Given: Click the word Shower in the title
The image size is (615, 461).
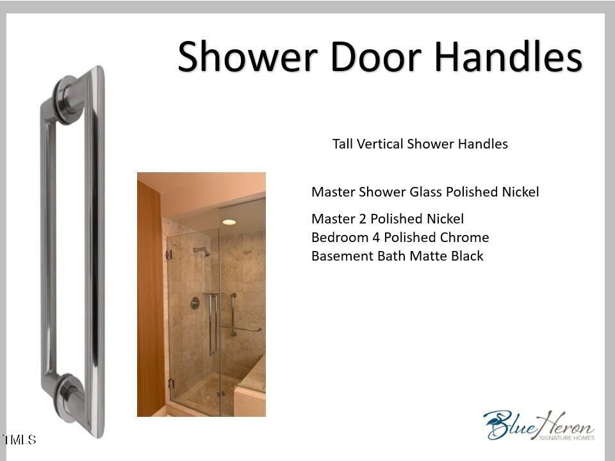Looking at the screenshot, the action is tap(247, 56).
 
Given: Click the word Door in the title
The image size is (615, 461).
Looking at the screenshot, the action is tap(376, 56).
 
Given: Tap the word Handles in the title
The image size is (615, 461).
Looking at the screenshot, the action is tap(508, 56).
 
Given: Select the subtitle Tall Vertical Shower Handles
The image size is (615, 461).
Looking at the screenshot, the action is tap(420, 144).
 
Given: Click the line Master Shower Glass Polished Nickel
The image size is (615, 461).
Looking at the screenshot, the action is tap(425, 191).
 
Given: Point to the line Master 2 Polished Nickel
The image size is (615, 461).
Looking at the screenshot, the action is tap(388, 218).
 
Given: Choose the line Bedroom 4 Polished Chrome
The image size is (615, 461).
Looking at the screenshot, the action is tap(400, 237).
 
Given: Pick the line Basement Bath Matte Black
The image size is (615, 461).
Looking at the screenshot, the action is tap(397, 255).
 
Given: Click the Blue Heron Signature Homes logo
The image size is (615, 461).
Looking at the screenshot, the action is tap(539, 425).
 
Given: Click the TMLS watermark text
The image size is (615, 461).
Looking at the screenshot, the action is tap(19, 439).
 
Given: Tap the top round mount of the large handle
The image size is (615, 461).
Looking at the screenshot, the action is tap(69, 100).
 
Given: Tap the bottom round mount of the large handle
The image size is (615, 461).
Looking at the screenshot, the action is tap(69, 398).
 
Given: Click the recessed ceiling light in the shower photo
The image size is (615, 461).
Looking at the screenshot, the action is tap(229, 222).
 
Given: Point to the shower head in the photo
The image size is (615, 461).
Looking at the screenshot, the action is tap(202, 251).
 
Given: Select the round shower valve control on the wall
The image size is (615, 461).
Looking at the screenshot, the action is tap(195, 303).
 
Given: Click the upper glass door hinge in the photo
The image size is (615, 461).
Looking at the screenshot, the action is tap(169, 255).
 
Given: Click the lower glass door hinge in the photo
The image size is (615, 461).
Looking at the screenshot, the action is tap(170, 384).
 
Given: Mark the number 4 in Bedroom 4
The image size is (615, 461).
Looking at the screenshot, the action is tap(376, 237).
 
